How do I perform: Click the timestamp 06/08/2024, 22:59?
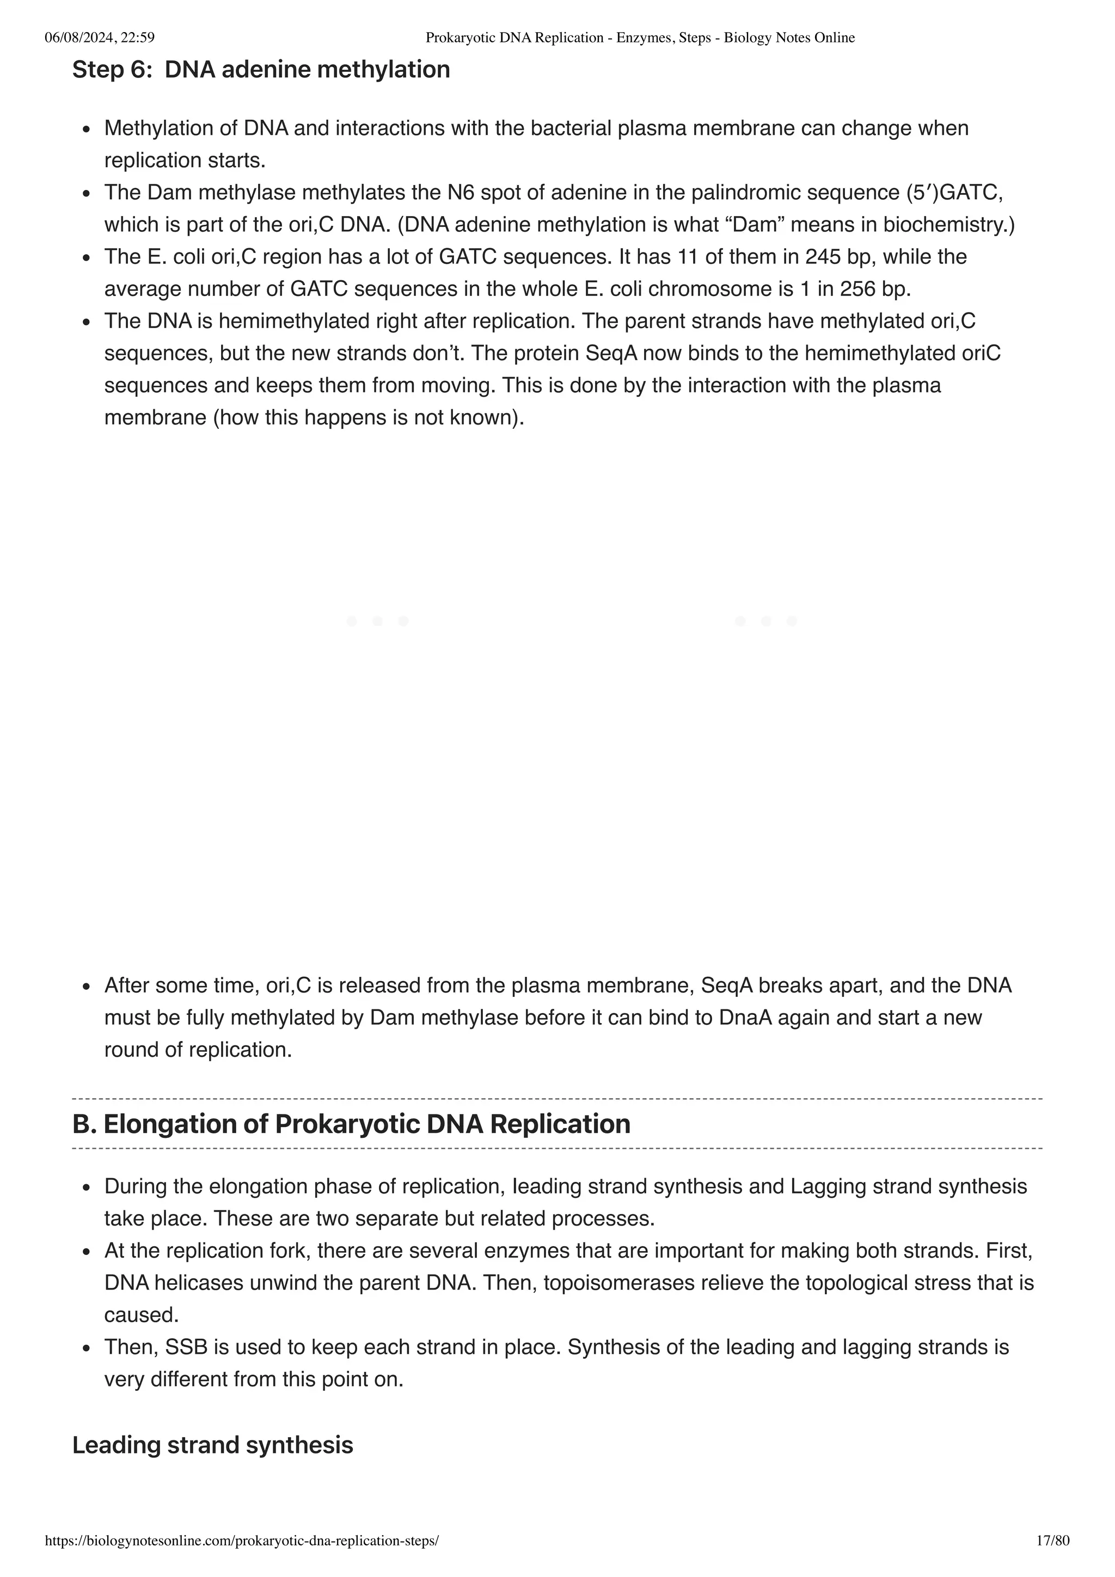100,38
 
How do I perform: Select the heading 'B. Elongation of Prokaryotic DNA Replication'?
351,1124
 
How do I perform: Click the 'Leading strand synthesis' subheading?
212,1445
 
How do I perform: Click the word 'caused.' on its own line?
142,1315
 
